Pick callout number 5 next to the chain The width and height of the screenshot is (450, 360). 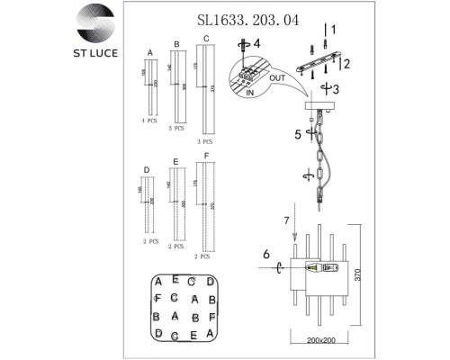click(x=295, y=136)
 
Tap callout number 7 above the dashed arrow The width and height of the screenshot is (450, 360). click(x=285, y=219)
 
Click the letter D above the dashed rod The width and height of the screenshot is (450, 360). click(x=146, y=170)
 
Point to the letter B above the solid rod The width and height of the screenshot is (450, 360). click(x=176, y=43)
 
